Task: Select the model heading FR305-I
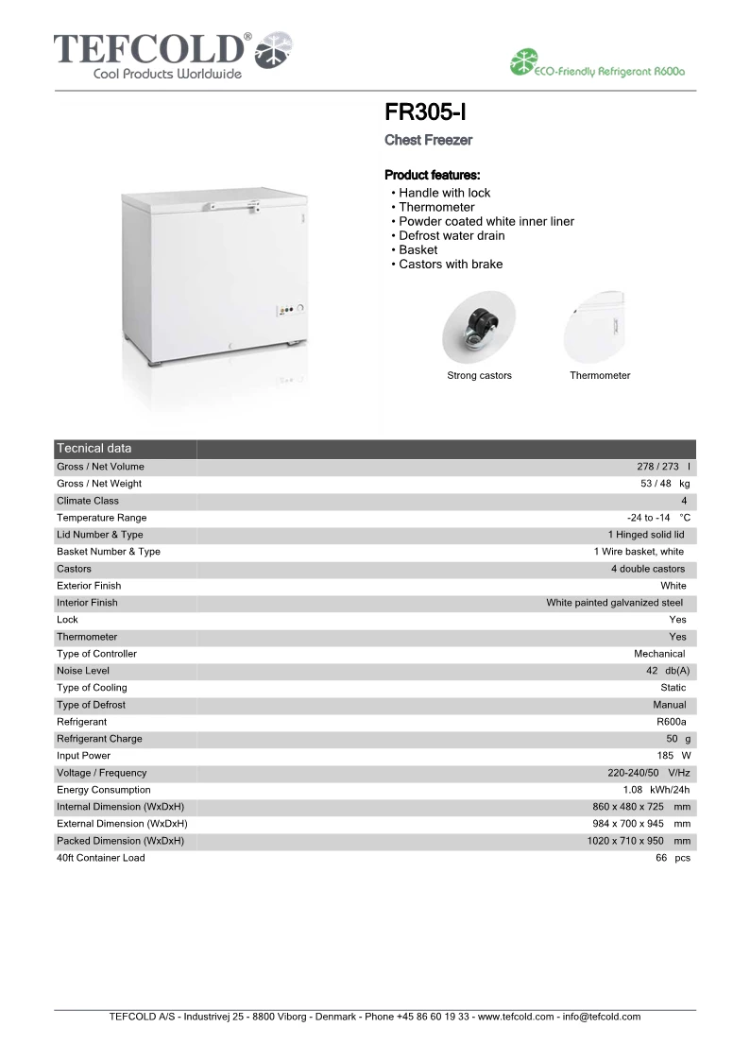point(425,113)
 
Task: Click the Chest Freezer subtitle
point(428,140)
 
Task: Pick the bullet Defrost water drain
point(451,235)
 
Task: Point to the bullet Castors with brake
point(450,265)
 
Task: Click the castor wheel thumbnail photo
point(478,327)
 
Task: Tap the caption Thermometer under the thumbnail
point(600,376)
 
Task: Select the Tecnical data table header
point(94,449)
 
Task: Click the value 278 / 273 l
point(663,467)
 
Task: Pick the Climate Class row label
point(88,501)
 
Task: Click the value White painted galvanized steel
point(614,603)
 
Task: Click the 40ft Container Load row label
point(101,858)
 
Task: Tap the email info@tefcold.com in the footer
point(601,1018)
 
